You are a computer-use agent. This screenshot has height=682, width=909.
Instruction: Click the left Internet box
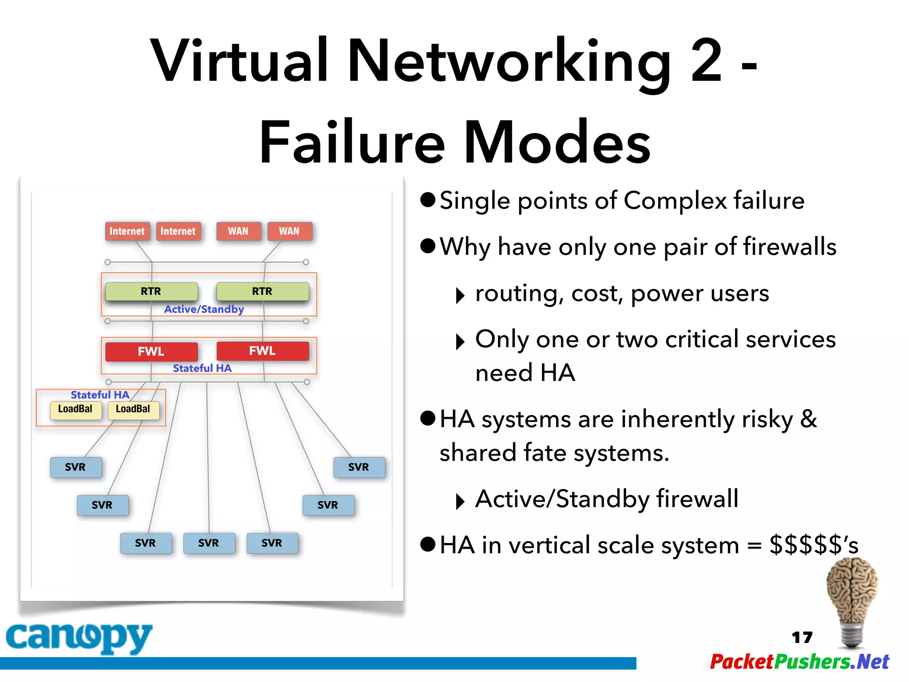pyautogui.click(x=127, y=231)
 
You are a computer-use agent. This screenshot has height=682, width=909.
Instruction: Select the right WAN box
pyautogui.click(x=289, y=231)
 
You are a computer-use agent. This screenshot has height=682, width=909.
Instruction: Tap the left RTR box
pyautogui.click(x=151, y=291)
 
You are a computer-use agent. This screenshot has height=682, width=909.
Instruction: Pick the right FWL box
pyautogui.click(x=262, y=351)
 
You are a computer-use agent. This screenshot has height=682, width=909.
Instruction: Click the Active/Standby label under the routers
pyautogui.click(x=204, y=309)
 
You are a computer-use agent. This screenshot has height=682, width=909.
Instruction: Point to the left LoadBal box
pyautogui.click(x=75, y=409)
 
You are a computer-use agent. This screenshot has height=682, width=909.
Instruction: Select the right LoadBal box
pyautogui.click(x=133, y=409)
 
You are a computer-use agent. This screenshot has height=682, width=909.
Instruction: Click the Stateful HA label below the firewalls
pyautogui.click(x=202, y=369)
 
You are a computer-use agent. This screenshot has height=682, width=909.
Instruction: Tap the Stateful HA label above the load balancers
pyautogui.click(x=100, y=395)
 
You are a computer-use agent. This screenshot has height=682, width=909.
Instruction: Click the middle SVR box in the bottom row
pyautogui.click(x=209, y=543)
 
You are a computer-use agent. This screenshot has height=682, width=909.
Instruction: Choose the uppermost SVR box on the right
pyautogui.click(x=359, y=467)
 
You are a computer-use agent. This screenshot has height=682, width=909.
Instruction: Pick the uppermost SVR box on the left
pyautogui.click(x=75, y=467)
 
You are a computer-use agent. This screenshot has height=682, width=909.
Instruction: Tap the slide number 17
pyautogui.click(x=802, y=638)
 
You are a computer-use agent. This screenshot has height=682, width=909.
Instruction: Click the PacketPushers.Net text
pyautogui.click(x=799, y=662)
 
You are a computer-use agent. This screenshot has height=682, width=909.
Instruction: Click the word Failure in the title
pyautogui.click(x=352, y=143)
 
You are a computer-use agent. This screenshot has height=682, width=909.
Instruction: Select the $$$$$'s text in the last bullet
pyautogui.click(x=814, y=545)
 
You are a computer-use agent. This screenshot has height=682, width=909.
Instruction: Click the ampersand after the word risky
pyautogui.click(x=809, y=419)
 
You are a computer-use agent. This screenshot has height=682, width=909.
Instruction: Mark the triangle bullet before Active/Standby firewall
pyautogui.click(x=460, y=502)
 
